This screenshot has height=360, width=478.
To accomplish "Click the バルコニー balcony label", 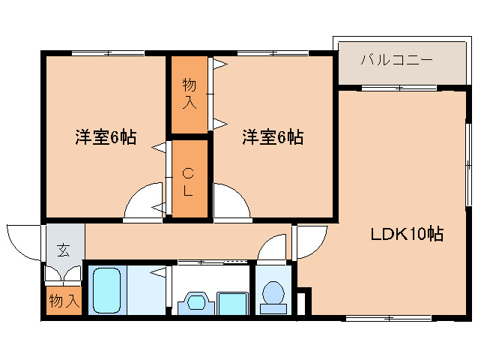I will click(x=396, y=59).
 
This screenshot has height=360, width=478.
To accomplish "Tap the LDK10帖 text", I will click(x=408, y=234).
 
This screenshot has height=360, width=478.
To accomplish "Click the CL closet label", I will click(x=188, y=182).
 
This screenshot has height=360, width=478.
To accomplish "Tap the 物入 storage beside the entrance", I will click(x=64, y=301).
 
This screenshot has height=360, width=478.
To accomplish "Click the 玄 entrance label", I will click(x=64, y=250).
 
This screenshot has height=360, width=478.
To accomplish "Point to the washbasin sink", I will click(x=196, y=302).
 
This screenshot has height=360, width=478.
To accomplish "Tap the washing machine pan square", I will click(x=233, y=303).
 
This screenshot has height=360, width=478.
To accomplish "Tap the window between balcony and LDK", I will click(x=399, y=88).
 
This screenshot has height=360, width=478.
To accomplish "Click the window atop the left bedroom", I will click(x=107, y=52).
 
